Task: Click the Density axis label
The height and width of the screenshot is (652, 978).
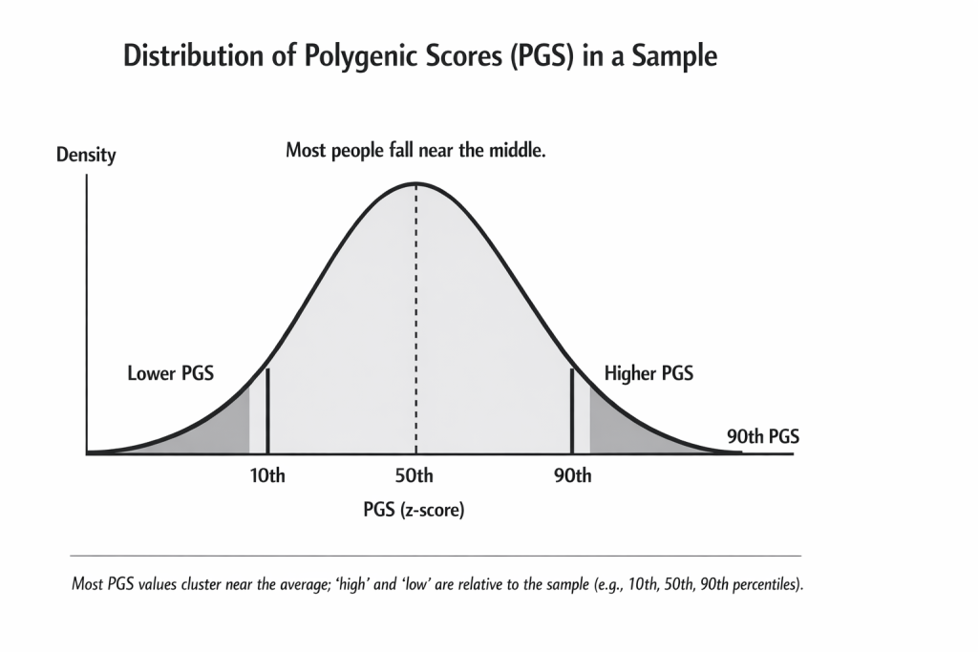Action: click(x=86, y=155)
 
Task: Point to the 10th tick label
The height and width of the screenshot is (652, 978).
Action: click(x=266, y=476)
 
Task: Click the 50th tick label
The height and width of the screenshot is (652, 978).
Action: click(x=415, y=476)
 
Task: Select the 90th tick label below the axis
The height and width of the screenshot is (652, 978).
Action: click(x=572, y=476)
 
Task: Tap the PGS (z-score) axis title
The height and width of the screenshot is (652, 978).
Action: click(x=414, y=510)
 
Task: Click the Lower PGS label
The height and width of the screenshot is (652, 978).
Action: click(x=170, y=373)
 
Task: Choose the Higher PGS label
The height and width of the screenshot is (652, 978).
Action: click(x=648, y=373)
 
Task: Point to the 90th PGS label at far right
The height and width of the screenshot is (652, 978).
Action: click(x=762, y=437)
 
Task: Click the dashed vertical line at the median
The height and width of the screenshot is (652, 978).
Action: click(x=415, y=315)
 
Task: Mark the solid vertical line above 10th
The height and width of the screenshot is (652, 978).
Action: click(x=267, y=410)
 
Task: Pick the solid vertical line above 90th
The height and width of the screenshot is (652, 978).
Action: click(x=571, y=410)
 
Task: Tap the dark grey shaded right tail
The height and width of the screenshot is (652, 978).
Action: click(x=621, y=430)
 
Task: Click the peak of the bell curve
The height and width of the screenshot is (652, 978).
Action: click(x=415, y=183)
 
